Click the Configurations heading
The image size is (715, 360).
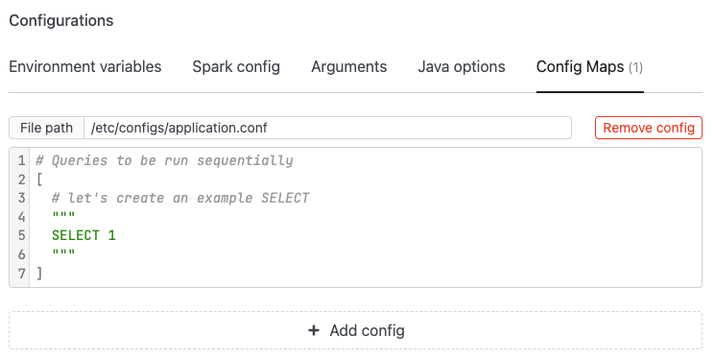tap(61, 20)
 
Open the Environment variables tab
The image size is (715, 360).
tap(85, 66)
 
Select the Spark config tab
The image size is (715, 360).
tap(236, 66)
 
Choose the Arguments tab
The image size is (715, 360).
tap(348, 66)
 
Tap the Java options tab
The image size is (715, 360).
tap(462, 66)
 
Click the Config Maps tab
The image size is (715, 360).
tap(589, 67)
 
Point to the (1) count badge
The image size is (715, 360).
tap(635, 67)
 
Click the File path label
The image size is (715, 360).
tap(46, 128)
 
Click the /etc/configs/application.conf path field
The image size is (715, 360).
tap(327, 128)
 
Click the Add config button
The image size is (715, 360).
tap(355, 330)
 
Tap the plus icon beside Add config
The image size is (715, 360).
tap(314, 330)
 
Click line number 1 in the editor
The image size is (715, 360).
tap(21, 160)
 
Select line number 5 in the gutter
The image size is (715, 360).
tap(21, 235)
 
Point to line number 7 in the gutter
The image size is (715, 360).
tap(21, 274)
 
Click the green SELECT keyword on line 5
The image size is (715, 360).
tap(76, 235)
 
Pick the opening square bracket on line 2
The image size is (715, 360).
tap(39, 180)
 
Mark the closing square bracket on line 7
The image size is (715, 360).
tap(39, 274)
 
